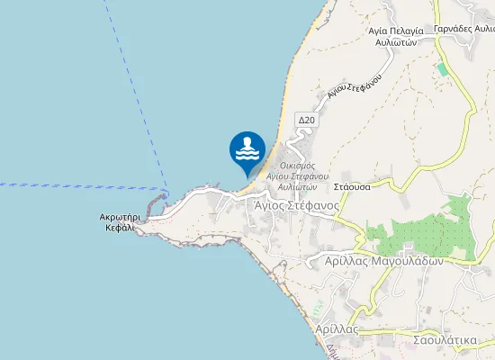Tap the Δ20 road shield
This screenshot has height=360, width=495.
click(x=306, y=120)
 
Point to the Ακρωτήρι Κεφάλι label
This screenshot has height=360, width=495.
click(x=118, y=222)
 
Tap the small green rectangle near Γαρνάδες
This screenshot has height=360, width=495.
click(x=441, y=68)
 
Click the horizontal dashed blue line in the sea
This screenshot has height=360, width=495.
click(x=81, y=185)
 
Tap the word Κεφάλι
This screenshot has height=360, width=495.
click(x=118, y=229)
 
